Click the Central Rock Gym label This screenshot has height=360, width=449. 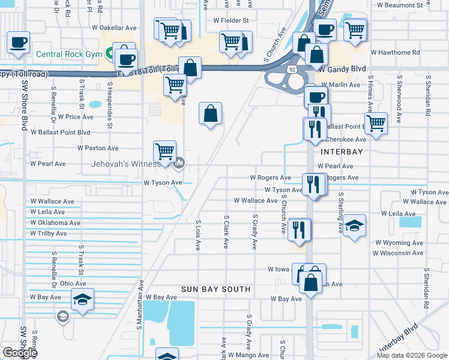tap(69, 54)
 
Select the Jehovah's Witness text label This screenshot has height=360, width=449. tap(124, 163)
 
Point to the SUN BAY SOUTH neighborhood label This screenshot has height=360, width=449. tap(216, 289)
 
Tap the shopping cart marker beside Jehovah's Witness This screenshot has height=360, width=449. tap(164, 152)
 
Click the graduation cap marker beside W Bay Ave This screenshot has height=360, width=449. tap(82, 300)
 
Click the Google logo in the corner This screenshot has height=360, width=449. tap(20, 353)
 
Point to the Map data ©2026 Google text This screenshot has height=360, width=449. tap(412, 355)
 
